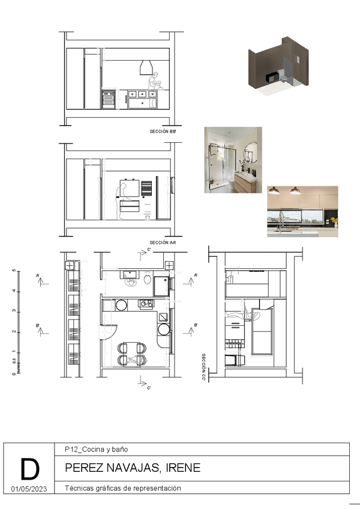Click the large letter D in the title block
[30, 469]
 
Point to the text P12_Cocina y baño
[95, 449]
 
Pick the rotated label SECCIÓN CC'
[204, 367]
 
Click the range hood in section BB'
[146, 67]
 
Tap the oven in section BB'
[109, 100]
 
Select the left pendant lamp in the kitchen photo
[273, 191]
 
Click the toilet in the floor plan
[147, 280]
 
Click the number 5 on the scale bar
[13, 270]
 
